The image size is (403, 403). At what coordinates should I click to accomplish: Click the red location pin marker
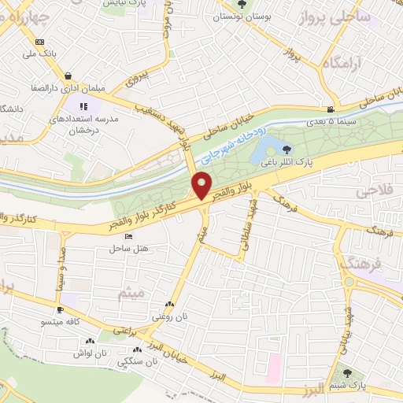pos(202,185)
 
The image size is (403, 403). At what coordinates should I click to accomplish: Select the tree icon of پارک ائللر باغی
pos(285,147)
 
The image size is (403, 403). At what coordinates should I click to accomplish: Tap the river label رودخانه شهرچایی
pos(236,139)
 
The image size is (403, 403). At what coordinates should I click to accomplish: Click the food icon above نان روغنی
pos(169,305)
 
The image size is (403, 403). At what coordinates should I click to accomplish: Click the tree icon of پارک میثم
pos(349,370)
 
